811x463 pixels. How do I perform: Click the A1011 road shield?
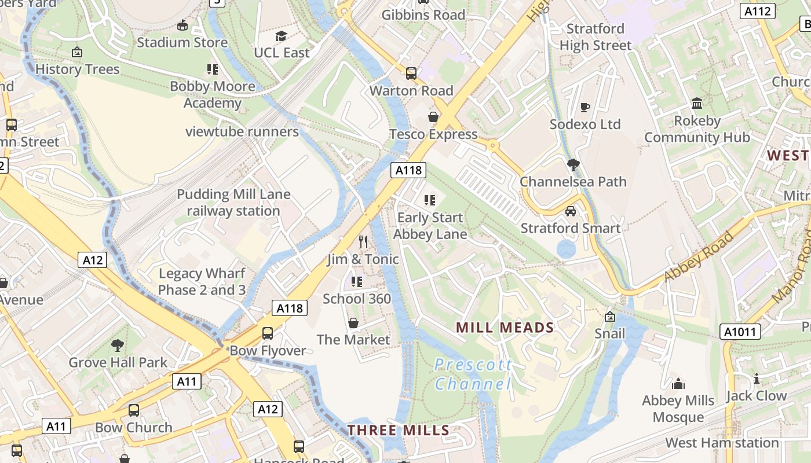740,332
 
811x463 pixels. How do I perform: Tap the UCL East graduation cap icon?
282,36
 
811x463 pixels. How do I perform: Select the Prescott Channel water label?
473,374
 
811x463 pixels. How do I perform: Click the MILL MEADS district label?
505,328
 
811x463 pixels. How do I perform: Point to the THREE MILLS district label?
399,430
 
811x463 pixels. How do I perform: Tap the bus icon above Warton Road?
411,74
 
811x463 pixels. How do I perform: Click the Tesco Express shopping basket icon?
433,117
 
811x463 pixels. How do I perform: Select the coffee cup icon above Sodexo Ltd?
584,107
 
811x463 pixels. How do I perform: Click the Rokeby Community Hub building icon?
697,104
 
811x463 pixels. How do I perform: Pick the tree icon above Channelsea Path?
573,164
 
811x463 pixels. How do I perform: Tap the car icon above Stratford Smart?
571,211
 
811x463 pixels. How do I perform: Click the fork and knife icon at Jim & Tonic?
363,242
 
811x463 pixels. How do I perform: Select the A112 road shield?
758,11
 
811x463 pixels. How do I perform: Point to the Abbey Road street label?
698,256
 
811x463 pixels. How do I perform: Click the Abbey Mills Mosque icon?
678,384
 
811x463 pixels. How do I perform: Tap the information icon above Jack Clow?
756,379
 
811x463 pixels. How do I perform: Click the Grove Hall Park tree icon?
118,346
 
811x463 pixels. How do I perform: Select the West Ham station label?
722,443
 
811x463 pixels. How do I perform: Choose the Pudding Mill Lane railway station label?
233,203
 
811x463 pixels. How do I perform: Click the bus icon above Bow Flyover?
268,333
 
